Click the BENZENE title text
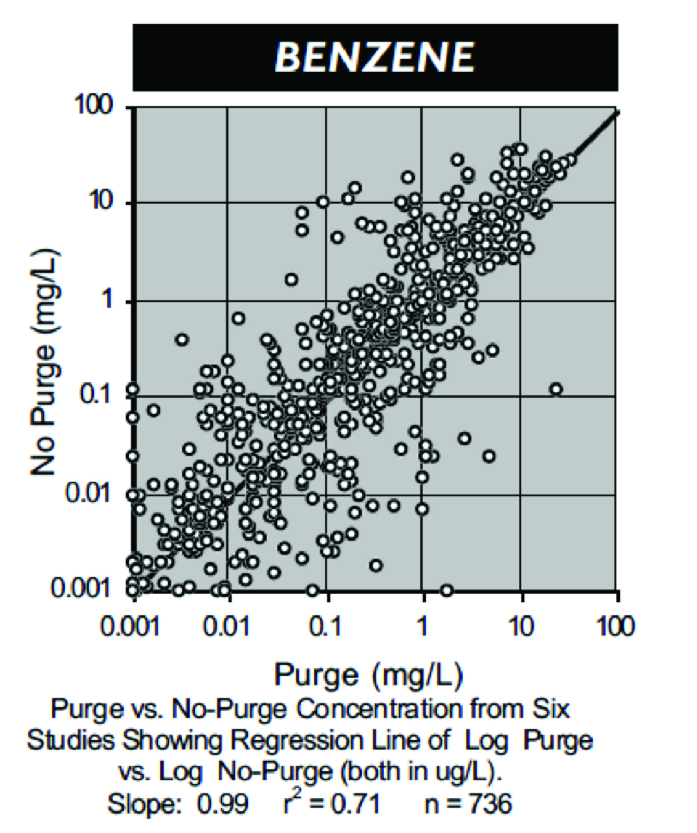pos(375,57)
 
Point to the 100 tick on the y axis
pos(94,105)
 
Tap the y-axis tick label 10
pos(101,200)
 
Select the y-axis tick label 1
pos(107,298)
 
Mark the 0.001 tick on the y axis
pos(81,588)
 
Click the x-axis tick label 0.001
pos(130,627)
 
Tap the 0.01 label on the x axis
pos(226,627)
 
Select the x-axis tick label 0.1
pos(326,627)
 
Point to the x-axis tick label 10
pos(521,627)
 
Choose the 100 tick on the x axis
pos(616,627)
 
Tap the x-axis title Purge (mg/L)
pos(368,675)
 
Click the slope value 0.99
pos(222,804)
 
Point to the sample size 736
pos(490,804)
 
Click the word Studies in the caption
pos(71,740)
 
